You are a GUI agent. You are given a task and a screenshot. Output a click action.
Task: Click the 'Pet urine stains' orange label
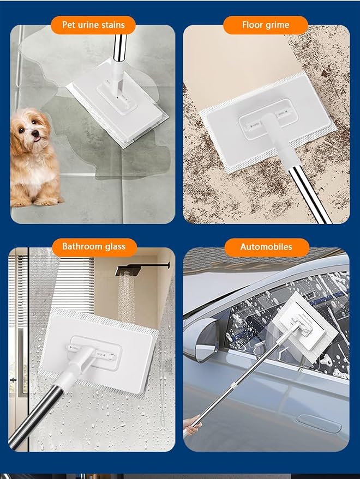(x=93, y=25)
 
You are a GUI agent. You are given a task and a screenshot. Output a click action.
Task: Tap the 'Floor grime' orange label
(x=266, y=25)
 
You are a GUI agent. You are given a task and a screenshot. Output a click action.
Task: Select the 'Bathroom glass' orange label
(x=94, y=246)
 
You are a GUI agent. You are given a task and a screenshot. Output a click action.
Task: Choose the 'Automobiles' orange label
(x=266, y=247)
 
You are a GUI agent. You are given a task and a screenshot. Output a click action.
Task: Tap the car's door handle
(x=319, y=423)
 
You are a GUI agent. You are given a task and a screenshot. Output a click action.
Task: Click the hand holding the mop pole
(x=191, y=426)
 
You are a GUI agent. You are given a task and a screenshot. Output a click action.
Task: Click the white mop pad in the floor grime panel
(x=269, y=123)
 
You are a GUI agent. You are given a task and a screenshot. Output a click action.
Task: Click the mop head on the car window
(x=307, y=326)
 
